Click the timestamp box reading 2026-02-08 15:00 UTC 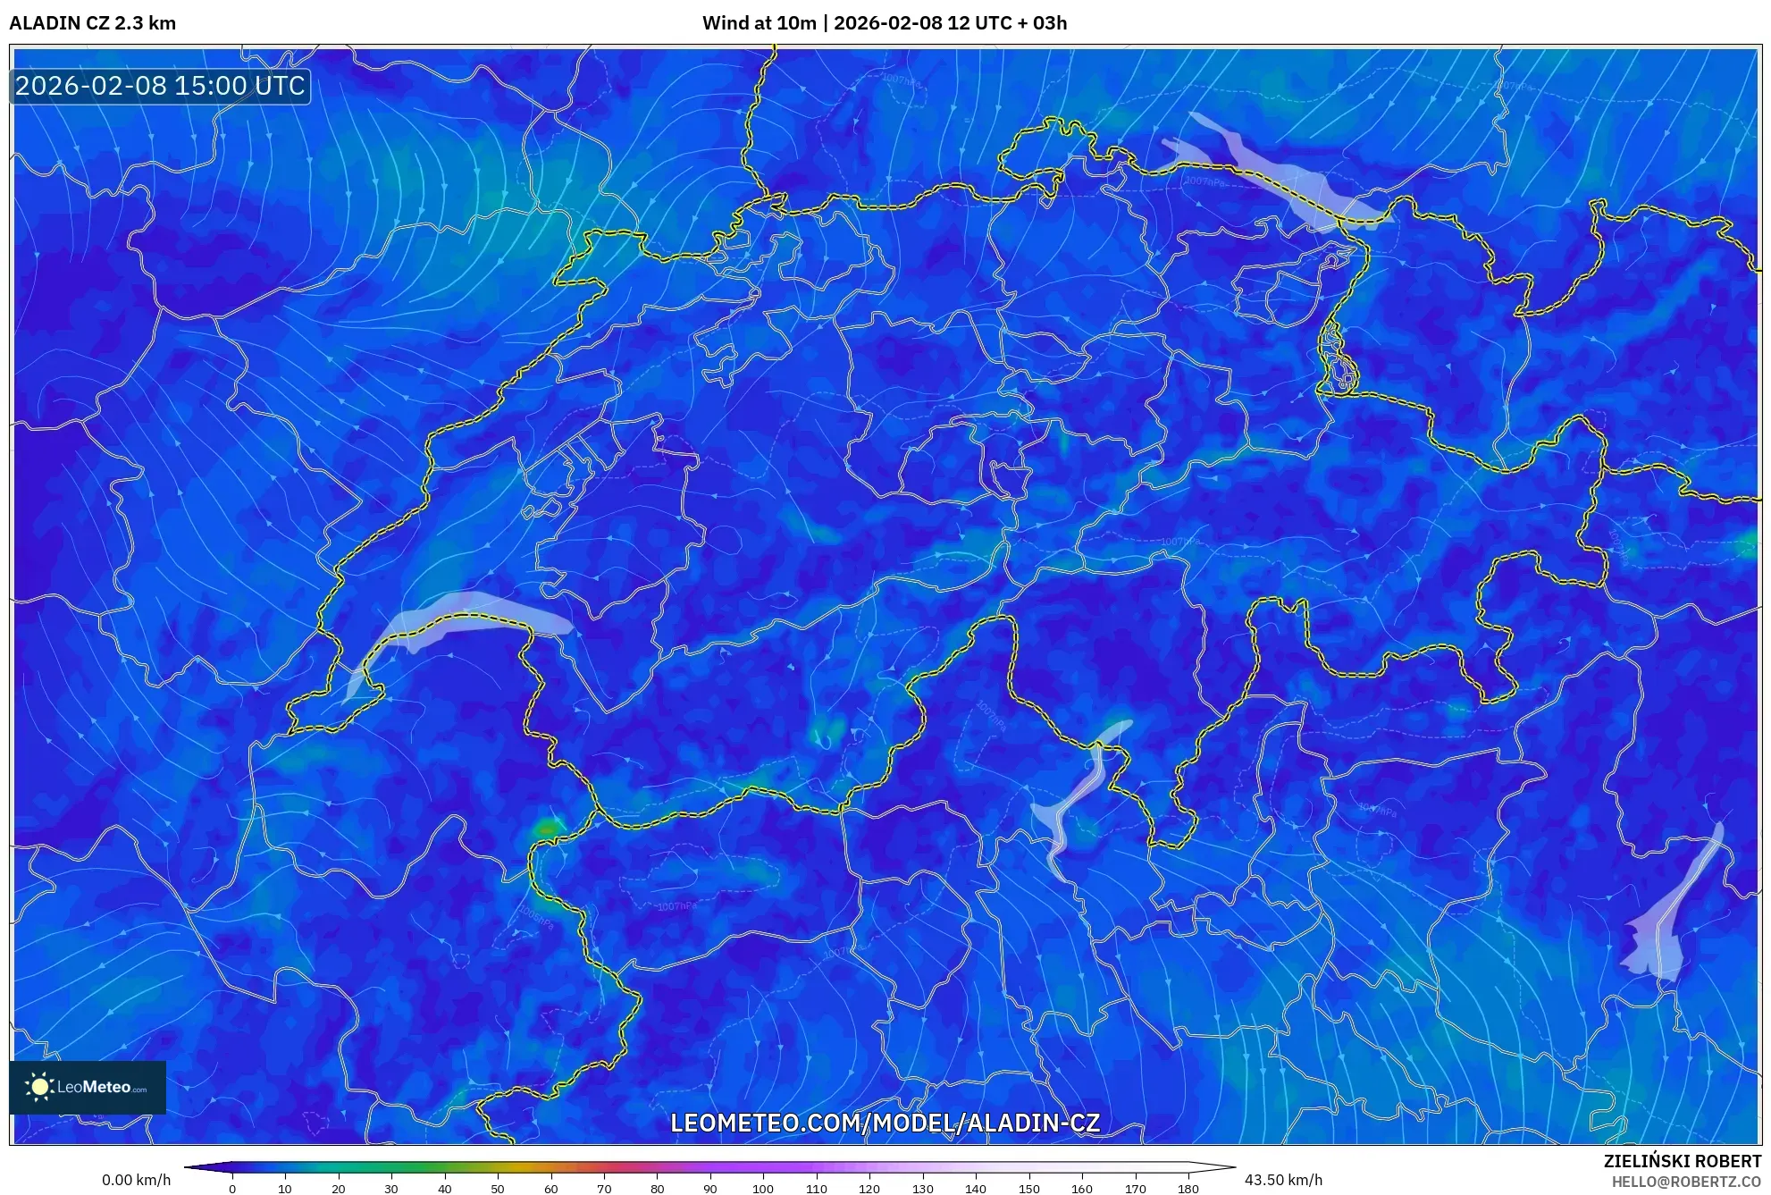click(161, 86)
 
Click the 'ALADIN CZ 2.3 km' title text click(93, 23)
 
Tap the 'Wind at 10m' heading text click(759, 23)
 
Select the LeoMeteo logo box click(88, 1087)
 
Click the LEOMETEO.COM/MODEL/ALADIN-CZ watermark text click(885, 1123)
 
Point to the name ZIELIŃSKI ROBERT click(1682, 1161)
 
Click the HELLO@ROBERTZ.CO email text click(1686, 1182)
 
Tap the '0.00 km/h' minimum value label click(136, 1180)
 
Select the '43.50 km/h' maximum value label click(1283, 1180)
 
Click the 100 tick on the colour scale click(763, 1189)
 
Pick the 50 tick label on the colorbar click(498, 1189)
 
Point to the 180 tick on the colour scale click(1188, 1189)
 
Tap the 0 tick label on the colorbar click(232, 1189)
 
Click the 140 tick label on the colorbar click(975, 1189)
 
